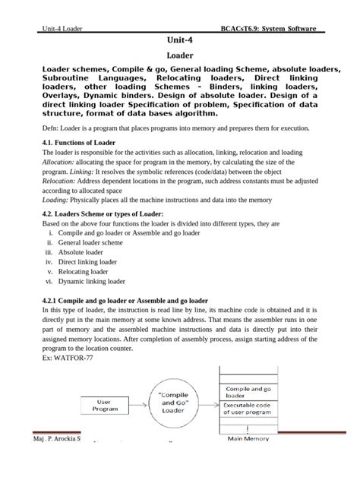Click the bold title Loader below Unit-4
tap(179, 55)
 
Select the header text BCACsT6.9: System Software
tap(270, 27)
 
